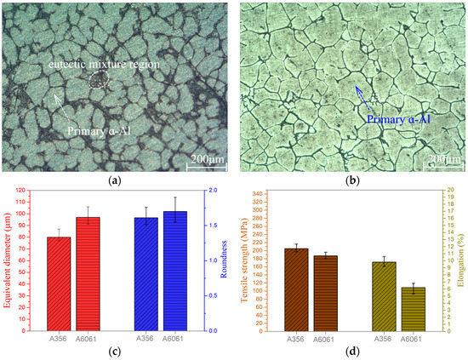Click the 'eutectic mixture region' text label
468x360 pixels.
[109, 65]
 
